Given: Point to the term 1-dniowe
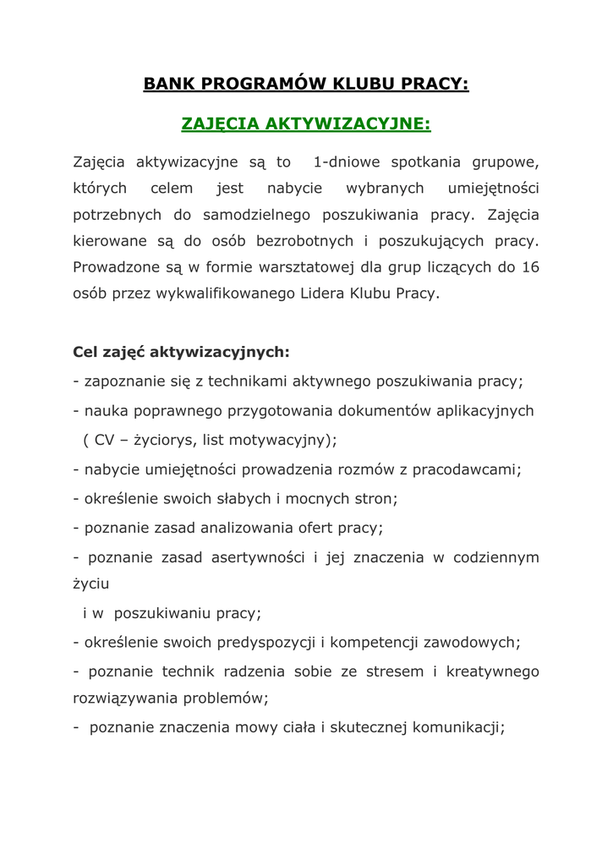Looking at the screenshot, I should (x=347, y=161).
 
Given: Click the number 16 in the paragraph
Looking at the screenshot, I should (x=532, y=267).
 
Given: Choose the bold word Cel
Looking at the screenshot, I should (x=87, y=350).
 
